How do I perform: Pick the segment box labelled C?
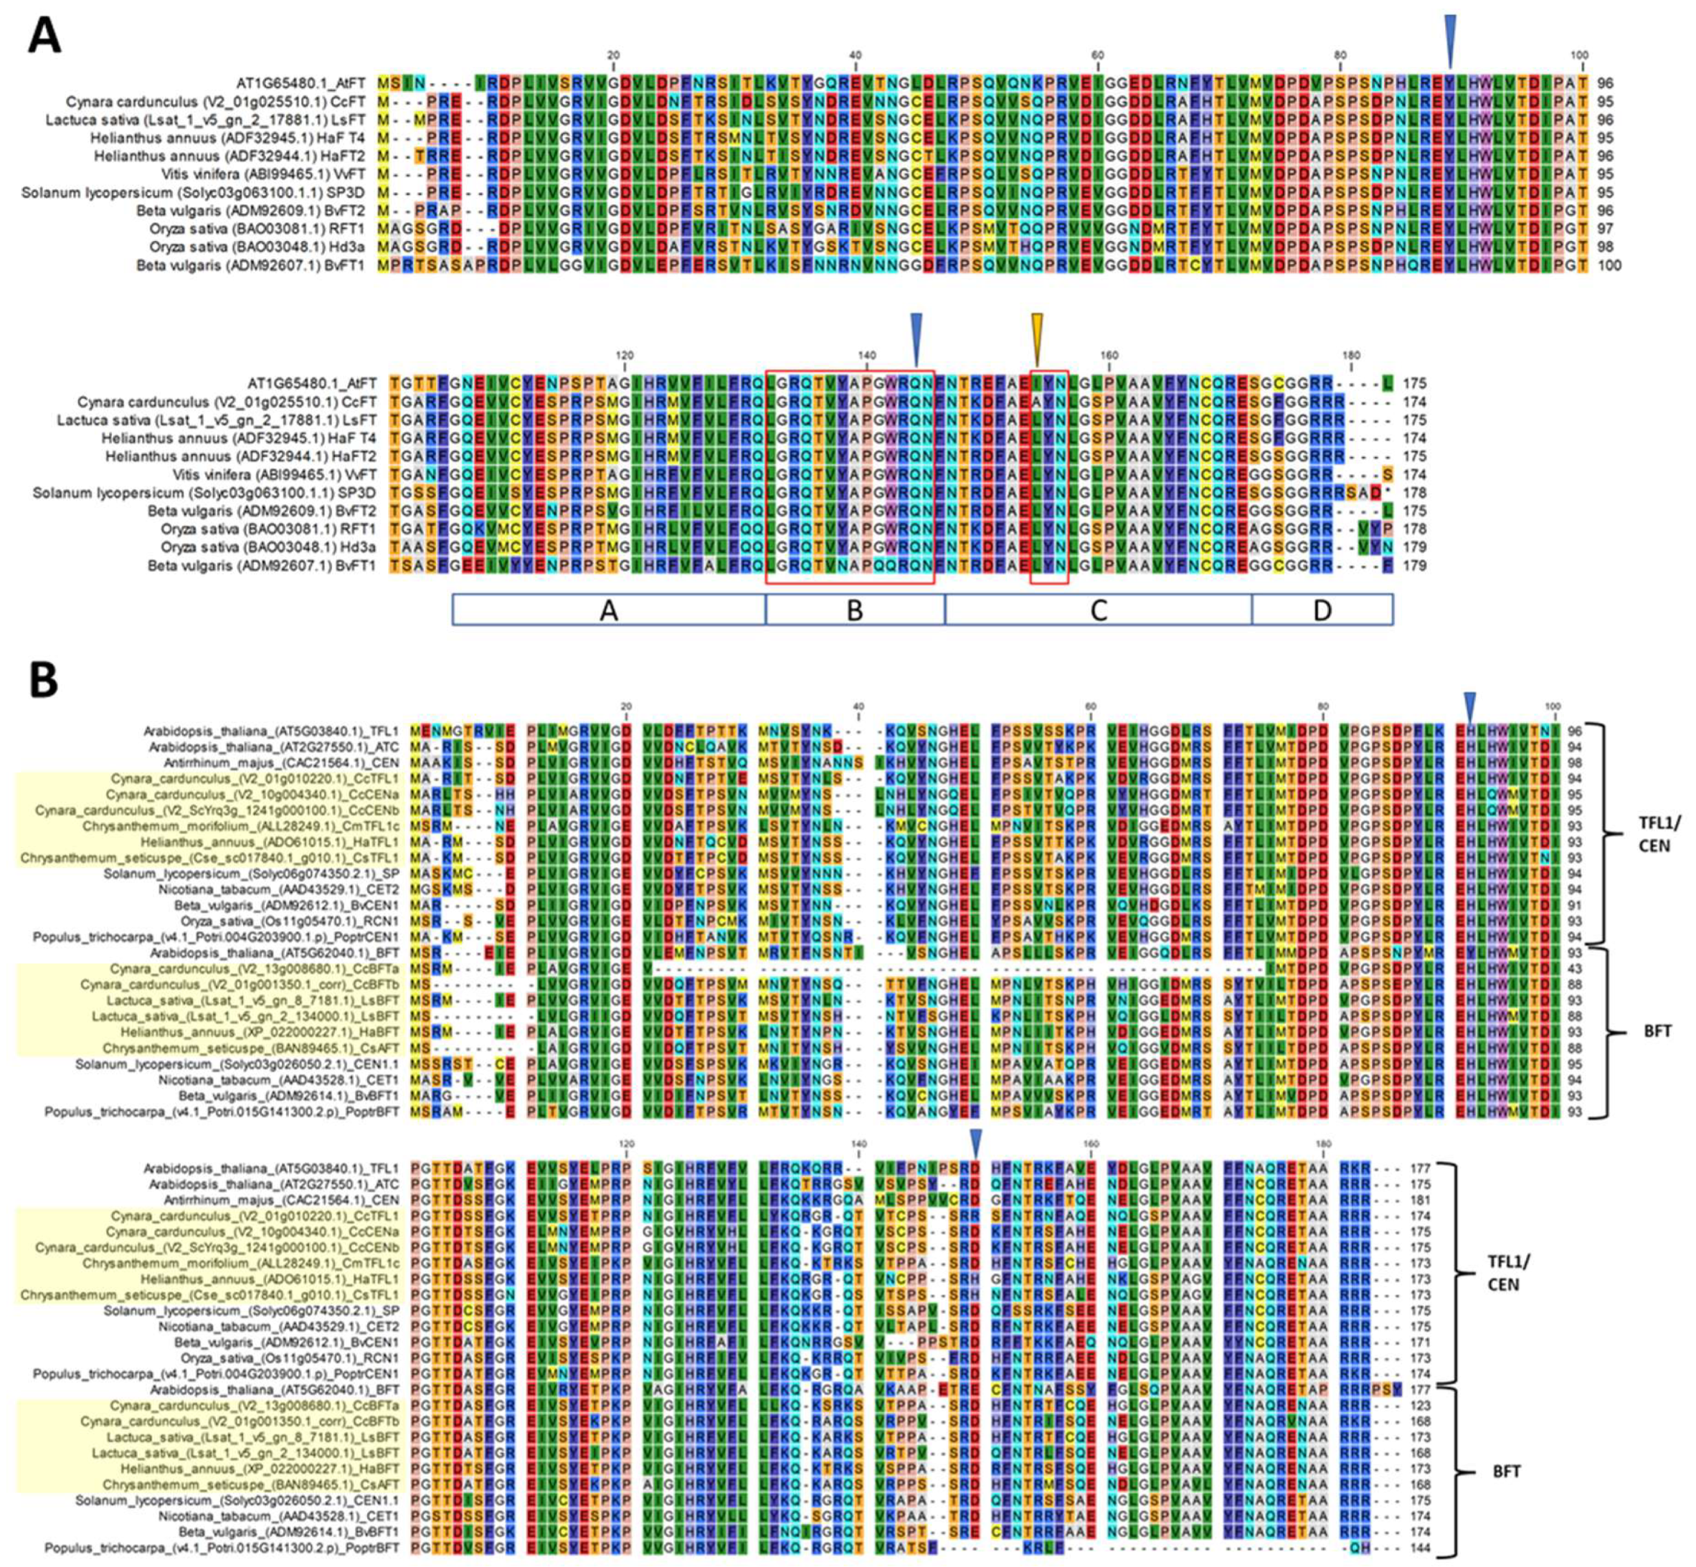tap(1098, 610)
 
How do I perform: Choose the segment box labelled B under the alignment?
tap(855, 610)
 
